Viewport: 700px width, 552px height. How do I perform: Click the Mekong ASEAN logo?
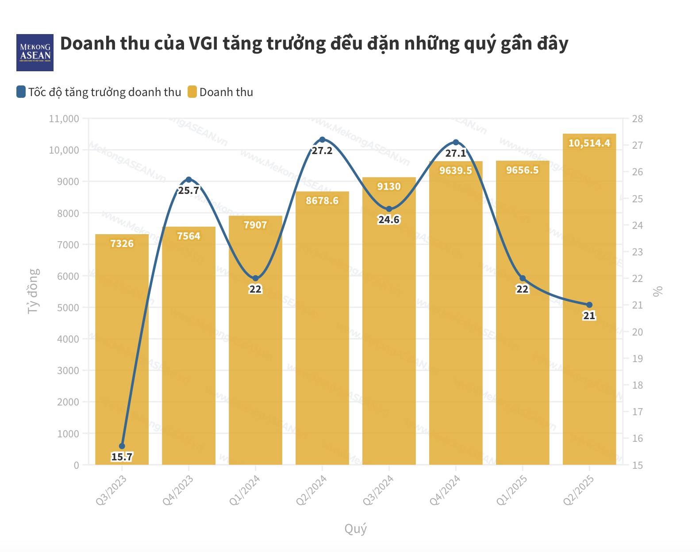pyautogui.click(x=35, y=53)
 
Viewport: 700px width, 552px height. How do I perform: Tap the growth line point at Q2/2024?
pyautogui.click(x=322, y=140)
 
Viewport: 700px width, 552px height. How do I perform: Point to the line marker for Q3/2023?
pyautogui.click(x=122, y=446)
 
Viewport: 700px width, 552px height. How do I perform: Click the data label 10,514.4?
pyautogui.click(x=589, y=143)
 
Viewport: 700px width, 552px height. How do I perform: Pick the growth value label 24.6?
pyautogui.click(x=388, y=220)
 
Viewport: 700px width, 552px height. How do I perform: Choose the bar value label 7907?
pyautogui.click(x=255, y=225)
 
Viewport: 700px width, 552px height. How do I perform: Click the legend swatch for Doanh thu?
pyautogui.click(x=192, y=92)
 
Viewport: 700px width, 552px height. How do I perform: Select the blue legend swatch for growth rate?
pyautogui.click(x=21, y=92)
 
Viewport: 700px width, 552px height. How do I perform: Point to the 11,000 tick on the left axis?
pyautogui.click(x=64, y=119)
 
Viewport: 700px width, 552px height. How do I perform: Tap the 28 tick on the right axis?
pyautogui.click(x=637, y=119)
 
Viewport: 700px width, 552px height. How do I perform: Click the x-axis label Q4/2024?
pyautogui.click(x=445, y=490)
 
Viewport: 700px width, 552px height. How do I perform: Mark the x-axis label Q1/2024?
pyautogui.click(x=244, y=490)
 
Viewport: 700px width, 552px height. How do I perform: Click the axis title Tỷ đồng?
pyautogui.click(x=33, y=291)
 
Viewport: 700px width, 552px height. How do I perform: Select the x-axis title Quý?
pyautogui.click(x=355, y=529)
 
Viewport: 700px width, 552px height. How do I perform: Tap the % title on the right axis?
pyautogui.click(x=658, y=291)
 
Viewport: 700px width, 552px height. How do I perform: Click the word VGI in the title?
pyautogui.click(x=203, y=43)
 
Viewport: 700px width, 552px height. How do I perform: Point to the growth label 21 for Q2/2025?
pyautogui.click(x=589, y=316)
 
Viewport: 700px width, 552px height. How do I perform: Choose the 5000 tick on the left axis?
pyautogui.click(x=68, y=308)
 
